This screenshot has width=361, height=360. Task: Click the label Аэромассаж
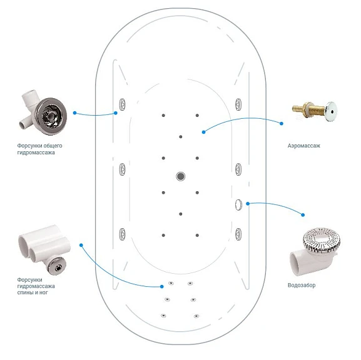point(303,146)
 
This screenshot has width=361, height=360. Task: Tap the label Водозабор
point(302,285)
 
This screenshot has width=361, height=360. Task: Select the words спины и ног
point(33,292)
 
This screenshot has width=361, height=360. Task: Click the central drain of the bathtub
point(180,176)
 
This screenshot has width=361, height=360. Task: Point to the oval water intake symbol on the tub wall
point(238,204)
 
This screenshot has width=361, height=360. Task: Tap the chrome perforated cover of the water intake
point(322,240)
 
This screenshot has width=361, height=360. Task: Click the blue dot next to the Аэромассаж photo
point(282,124)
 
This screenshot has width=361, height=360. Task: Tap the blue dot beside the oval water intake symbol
point(248,204)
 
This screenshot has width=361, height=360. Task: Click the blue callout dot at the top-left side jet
point(116,113)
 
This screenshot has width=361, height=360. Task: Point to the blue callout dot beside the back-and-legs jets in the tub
point(162,286)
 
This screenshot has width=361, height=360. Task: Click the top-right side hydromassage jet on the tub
point(238,104)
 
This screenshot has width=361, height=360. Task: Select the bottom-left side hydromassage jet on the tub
point(122,234)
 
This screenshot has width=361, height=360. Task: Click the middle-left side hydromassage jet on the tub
point(122,169)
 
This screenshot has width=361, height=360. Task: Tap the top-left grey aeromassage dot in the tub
point(163,115)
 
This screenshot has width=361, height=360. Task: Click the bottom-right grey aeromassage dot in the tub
point(197,236)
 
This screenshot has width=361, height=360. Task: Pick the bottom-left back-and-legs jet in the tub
point(163,316)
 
